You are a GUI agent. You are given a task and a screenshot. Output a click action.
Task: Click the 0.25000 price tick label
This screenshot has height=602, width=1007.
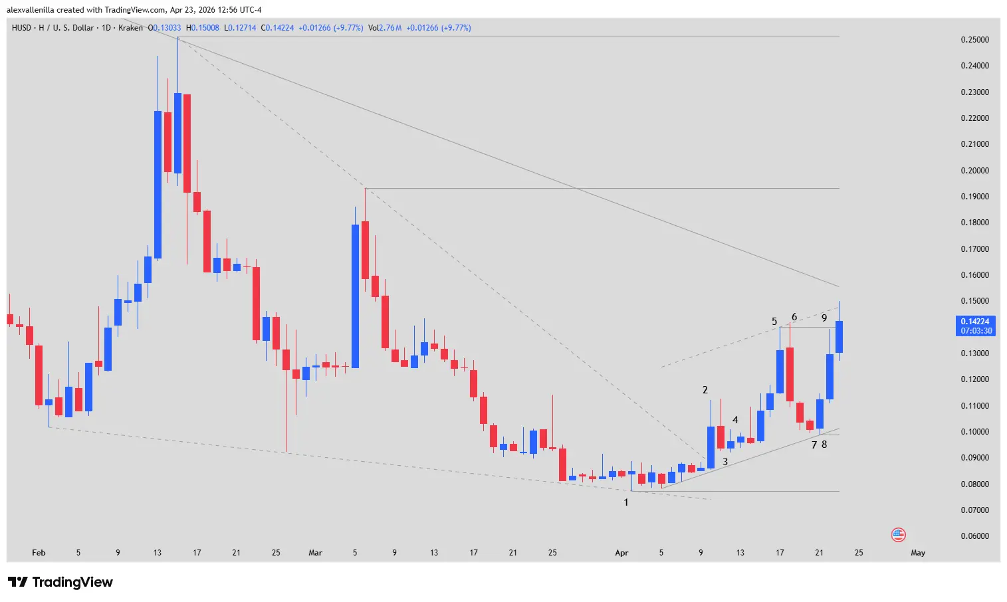coord(974,40)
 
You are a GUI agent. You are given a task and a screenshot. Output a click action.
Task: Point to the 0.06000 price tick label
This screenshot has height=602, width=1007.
coord(974,536)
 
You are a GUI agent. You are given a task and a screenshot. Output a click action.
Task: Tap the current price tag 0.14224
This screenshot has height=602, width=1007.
coord(975,322)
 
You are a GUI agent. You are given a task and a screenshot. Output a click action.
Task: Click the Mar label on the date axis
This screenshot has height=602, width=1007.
coord(316,553)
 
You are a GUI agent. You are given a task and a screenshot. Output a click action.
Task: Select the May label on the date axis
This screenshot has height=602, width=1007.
coord(918,553)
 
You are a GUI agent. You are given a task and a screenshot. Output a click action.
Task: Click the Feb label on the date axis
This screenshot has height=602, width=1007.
coord(39,553)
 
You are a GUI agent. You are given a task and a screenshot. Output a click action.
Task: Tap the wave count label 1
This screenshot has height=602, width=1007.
coord(625,502)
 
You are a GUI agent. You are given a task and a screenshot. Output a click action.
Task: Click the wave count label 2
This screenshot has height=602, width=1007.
coord(705,390)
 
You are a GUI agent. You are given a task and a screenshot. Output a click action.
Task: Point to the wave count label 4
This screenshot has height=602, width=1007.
coord(735,420)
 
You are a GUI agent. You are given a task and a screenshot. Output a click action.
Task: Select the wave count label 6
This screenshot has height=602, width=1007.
coord(794,317)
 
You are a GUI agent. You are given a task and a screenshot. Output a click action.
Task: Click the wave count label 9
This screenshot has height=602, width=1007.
coord(824,318)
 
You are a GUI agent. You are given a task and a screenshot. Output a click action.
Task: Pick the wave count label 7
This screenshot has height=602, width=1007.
coord(814,445)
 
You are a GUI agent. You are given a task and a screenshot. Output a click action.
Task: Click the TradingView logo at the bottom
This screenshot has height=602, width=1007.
coord(60,582)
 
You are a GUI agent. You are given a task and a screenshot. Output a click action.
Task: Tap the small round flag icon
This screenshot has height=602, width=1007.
coord(898,535)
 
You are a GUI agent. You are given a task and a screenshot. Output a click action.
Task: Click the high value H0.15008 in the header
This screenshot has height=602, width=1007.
coord(203,28)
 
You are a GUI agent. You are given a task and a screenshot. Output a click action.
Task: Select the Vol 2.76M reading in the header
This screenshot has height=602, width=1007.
coord(385,28)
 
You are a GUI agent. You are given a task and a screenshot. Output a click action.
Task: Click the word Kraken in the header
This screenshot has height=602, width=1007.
coord(130,28)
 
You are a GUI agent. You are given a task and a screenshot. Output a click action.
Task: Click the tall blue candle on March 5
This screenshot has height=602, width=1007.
coord(356,296)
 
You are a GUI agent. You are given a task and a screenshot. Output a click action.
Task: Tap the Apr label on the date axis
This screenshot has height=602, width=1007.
coord(621,553)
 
